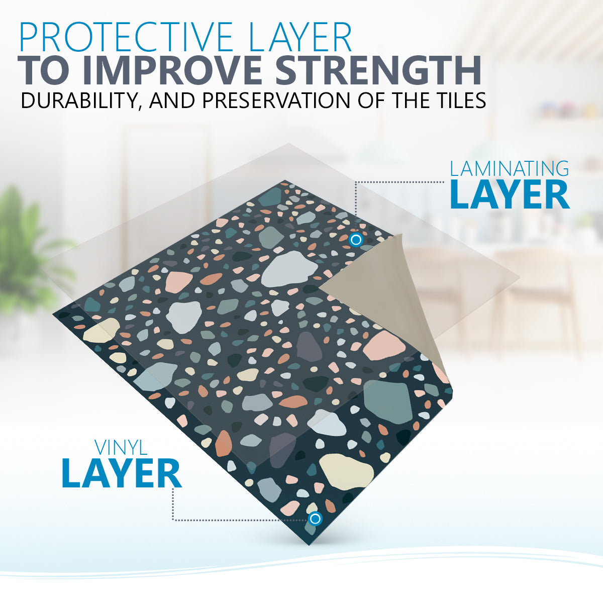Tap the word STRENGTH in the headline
pos(378,71)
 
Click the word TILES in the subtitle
pos(455,100)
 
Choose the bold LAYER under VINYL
pos(122,473)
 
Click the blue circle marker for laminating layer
pos(356,240)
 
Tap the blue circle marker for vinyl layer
pos(315,519)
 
